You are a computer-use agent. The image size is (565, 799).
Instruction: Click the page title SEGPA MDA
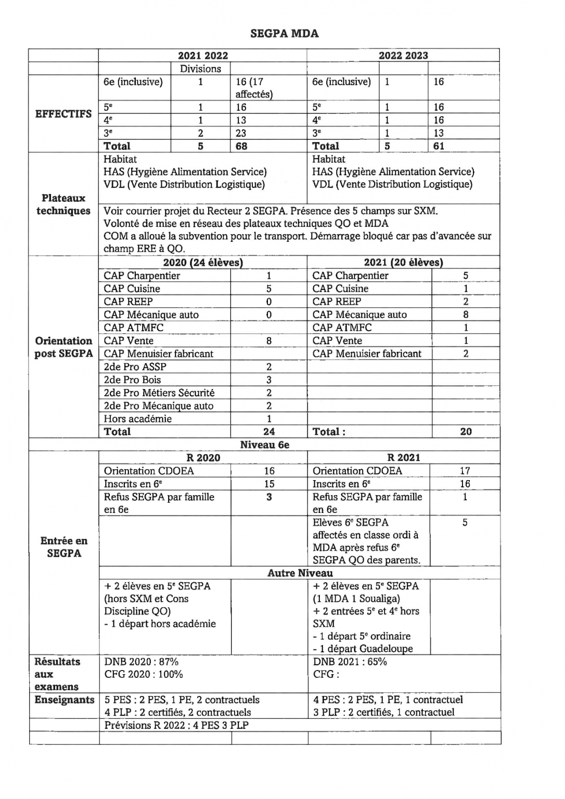[x=284, y=34]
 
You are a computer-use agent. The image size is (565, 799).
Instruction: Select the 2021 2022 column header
[x=203, y=56]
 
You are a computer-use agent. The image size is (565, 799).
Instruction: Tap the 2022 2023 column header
[x=403, y=56]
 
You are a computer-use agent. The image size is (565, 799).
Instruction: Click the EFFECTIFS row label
[x=63, y=114]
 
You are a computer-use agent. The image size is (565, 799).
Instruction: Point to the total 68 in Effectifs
[x=241, y=146]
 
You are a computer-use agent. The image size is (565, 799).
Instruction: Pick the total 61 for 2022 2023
[x=439, y=146]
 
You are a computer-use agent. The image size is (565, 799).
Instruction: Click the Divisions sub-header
[x=200, y=69]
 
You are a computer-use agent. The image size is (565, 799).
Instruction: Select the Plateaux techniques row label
[x=63, y=204]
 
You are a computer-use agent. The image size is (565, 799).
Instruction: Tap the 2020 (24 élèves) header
[x=203, y=263]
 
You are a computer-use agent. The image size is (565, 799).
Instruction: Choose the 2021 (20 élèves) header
[x=403, y=263]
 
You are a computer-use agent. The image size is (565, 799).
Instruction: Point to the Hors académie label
[x=137, y=419]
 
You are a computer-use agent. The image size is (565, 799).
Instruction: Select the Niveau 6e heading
[x=264, y=445]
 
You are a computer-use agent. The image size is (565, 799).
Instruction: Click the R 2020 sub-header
[x=203, y=458]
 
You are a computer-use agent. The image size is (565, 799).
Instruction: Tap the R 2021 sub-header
[x=403, y=458]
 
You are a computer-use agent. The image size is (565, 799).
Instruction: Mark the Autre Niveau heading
[x=300, y=573]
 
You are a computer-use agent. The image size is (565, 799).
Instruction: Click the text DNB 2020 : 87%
[x=141, y=662]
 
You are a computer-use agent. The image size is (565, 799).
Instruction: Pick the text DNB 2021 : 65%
[x=350, y=662]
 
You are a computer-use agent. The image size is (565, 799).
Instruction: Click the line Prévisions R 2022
[x=176, y=725]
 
